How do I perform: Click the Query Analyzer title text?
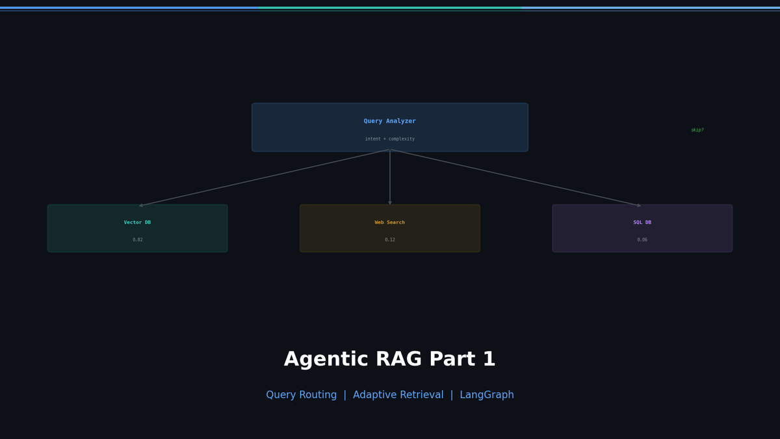coord(389,121)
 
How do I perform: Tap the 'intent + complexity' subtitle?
coord(389,139)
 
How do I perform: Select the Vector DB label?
coord(137,222)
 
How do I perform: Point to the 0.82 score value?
coord(137,240)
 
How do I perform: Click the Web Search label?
coord(389,222)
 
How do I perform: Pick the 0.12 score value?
coord(389,240)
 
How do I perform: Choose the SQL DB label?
coord(642,222)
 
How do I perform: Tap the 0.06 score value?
coord(642,240)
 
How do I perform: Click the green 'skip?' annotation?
coord(697,130)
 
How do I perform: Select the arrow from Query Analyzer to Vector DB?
coord(263,178)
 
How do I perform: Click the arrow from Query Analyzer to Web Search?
coord(390,177)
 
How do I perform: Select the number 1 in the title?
coord(489,360)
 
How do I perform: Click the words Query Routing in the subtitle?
coord(301,395)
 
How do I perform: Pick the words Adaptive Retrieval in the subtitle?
coord(398,395)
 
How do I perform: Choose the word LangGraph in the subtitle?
coord(486,395)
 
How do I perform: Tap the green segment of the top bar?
coord(390,8)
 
